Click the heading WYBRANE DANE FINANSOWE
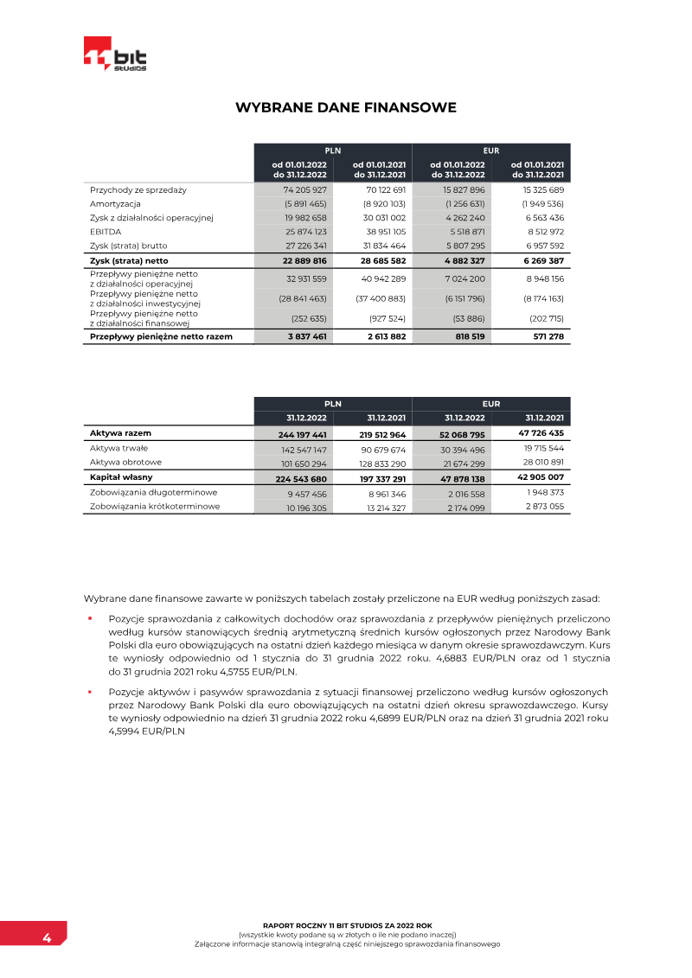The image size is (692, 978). click(x=346, y=108)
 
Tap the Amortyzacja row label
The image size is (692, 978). click(x=116, y=203)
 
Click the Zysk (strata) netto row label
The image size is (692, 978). click(x=129, y=260)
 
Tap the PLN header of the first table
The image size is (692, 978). click(x=332, y=150)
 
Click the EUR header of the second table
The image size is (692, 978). click(x=491, y=404)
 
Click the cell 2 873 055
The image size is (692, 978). click(x=544, y=507)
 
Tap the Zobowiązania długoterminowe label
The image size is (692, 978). click(x=153, y=492)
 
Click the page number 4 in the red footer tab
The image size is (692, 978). click(x=46, y=938)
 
